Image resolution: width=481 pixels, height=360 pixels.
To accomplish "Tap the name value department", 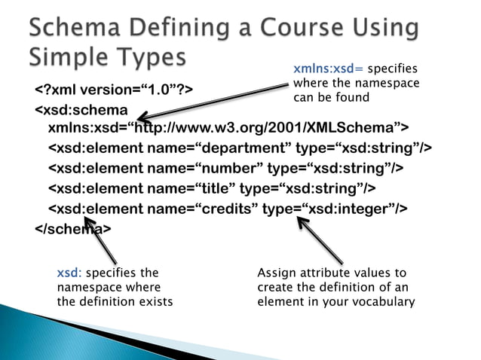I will [x=241, y=146].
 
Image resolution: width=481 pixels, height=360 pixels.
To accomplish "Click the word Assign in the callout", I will [x=276, y=273].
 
